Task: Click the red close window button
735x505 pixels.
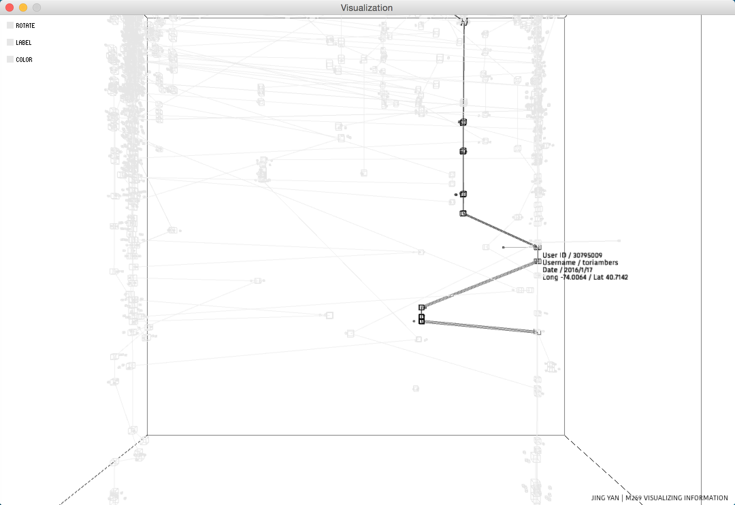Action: (x=10, y=7)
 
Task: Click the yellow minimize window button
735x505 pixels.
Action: (x=23, y=7)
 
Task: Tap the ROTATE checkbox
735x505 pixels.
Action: (x=10, y=26)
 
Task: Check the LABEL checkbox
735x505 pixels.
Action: (x=10, y=43)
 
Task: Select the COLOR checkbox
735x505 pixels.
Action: (x=10, y=60)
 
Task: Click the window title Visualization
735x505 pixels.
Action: (x=366, y=8)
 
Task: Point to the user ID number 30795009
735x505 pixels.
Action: (x=587, y=255)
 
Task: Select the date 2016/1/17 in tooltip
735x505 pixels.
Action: (x=578, y=270)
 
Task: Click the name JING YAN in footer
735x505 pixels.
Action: (x=605, y=498)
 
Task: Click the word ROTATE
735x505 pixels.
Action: (x=25, y=26)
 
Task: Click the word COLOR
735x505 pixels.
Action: (x=24, y=60)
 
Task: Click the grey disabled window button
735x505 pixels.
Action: (x=37, y=7)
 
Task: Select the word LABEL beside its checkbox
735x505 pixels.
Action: (x=23, y=43)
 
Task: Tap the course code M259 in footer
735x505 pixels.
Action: (x=634, y=498)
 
